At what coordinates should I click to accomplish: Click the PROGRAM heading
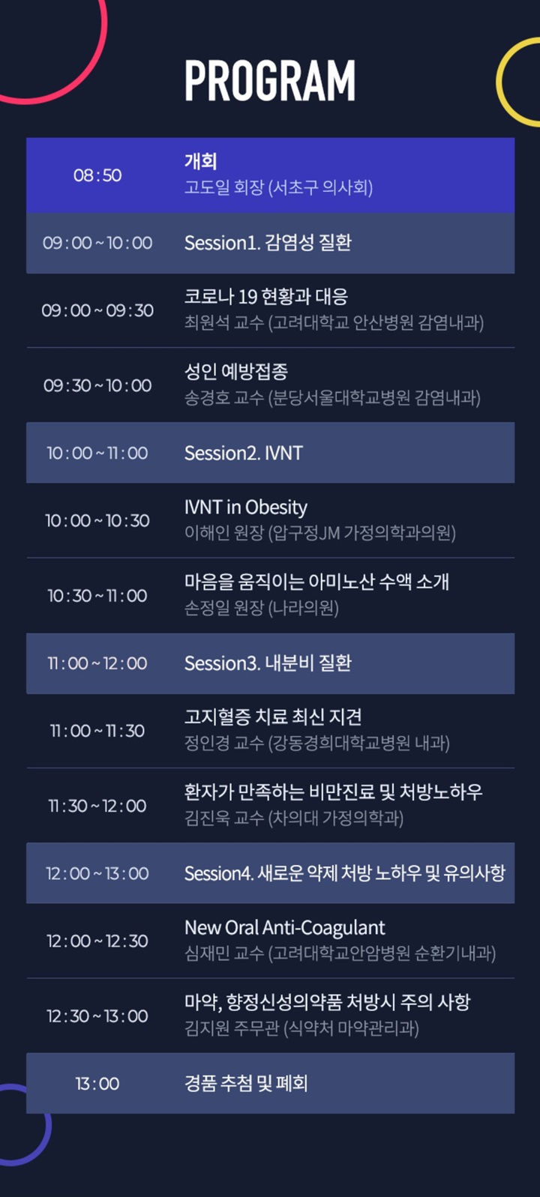pos(270,80)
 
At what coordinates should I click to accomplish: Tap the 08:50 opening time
pos(97,175)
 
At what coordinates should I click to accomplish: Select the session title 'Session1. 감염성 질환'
pos(268,243)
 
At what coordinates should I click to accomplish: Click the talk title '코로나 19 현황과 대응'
pos(265,296)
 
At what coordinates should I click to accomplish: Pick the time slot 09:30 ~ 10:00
pos(97,385)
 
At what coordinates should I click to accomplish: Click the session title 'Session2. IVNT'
pos(243,453)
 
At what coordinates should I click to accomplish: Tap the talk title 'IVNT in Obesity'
pos(246,507)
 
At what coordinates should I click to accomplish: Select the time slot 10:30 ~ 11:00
pos(97,595)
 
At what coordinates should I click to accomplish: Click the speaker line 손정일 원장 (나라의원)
pos(262,608)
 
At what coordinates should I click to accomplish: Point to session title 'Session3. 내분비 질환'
pos(268,663)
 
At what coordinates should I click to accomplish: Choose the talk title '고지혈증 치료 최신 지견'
pos(273,717)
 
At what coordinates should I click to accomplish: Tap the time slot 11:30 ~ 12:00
pos(97,805)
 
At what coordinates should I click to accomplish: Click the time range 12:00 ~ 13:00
pos(97,873)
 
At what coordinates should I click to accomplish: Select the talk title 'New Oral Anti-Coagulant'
pos(284,928)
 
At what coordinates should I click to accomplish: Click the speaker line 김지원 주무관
pos(232,1028)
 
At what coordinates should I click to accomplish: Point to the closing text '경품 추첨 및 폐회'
pos(246,1083)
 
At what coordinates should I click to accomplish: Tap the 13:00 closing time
pos(97,1083)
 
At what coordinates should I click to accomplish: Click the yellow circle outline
pos(498,81)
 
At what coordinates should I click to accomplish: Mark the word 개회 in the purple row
pos(200,161)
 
